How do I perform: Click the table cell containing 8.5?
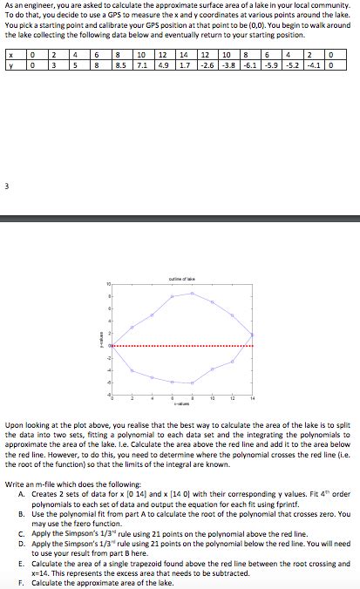[x=120, y=65]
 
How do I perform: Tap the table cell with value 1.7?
[x=186, y=65]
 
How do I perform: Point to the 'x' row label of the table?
[x=9, y=55]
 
